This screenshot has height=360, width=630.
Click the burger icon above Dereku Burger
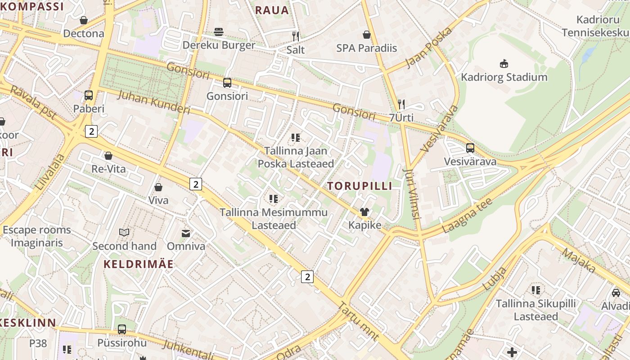pos(219,32)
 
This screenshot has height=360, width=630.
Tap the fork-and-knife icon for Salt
pos(296,36)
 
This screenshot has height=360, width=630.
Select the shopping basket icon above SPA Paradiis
pos(367,35)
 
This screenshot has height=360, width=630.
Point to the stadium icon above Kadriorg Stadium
pos(504,64)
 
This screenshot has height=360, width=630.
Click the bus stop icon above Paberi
pos(89,95)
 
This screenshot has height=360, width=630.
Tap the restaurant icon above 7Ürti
pos(401,104)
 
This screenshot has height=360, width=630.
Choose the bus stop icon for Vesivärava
pos(470,148)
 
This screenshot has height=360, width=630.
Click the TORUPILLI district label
pos(360,186)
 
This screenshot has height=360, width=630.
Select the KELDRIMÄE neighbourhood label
pos(139,264)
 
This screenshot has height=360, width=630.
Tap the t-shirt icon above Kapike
pos(364,212)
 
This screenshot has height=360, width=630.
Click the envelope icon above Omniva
pos(186,233)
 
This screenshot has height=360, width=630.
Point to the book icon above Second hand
pos(124,233)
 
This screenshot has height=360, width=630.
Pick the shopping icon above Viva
pos(158,187)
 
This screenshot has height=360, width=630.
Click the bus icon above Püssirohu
pos(122,329)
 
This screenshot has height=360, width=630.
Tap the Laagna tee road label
pos(467,215)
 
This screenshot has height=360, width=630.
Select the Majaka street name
pos(579,261)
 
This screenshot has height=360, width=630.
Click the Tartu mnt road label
pos(358,321)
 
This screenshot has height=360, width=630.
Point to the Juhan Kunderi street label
pos(154,103)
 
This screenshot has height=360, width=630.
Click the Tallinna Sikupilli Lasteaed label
pos(535,310)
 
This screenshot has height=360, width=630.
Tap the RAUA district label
pos(272,10)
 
